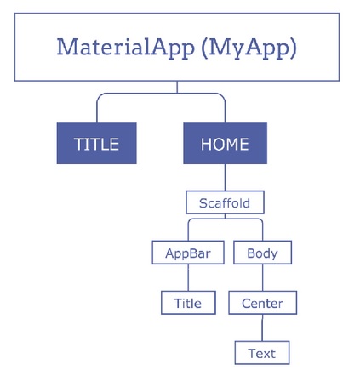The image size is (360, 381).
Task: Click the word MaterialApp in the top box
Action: (126, 47)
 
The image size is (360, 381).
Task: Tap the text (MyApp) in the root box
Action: (249, 48)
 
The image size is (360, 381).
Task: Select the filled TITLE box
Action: (97, 143)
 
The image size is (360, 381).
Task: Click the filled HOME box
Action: (225, 143)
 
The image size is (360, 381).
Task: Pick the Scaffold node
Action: (225, 202)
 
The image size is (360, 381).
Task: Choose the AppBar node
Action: (188, 253)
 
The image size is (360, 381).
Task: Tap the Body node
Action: (262, 253)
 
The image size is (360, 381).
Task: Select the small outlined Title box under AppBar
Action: (188, 303)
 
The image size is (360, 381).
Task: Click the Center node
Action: (263, 303)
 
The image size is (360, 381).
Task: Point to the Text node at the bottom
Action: (262, 353)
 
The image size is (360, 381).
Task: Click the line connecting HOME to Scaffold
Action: (225, 178)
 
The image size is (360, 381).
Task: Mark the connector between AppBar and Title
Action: (188, 277)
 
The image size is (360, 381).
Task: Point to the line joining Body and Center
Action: (262, 277)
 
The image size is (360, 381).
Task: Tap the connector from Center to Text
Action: (262, 327)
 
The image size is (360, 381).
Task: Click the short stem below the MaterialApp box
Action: (177, 87)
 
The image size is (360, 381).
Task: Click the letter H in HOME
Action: (206, 144)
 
